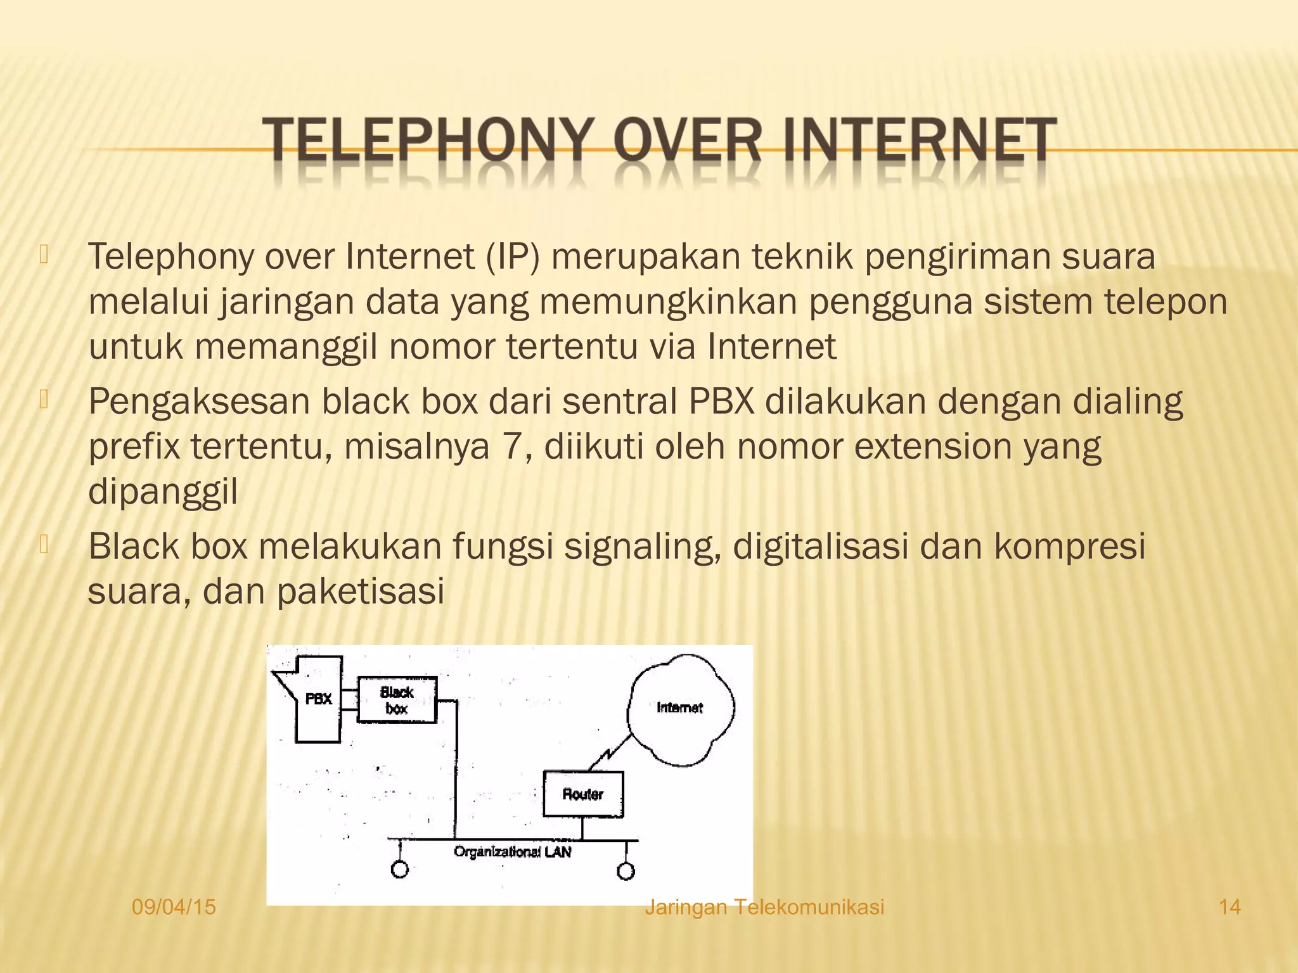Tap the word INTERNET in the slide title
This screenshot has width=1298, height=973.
pos(918,141)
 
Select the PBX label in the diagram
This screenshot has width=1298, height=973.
pos(319,699)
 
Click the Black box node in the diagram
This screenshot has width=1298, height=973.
pos(397,700)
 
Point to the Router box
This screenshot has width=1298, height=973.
pos(583,794)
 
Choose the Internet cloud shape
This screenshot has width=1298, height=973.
pos(680,708)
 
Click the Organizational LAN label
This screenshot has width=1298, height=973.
pos(512,852)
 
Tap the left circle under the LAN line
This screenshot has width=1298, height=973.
pos(399,870)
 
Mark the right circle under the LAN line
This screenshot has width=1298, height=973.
pos(626,872)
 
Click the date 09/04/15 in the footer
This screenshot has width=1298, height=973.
pos(174,907)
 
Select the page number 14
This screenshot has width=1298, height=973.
pos(1230,907)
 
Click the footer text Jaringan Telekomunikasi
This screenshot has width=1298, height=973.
pos(764,907)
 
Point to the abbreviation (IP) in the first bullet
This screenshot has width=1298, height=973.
pos(513,257)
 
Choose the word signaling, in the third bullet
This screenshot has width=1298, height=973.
pos(643,547)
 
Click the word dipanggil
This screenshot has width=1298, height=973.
pos(163,492)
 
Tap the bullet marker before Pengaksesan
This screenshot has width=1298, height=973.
pos(44,400)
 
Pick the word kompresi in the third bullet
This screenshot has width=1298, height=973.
pos(1070,547)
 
